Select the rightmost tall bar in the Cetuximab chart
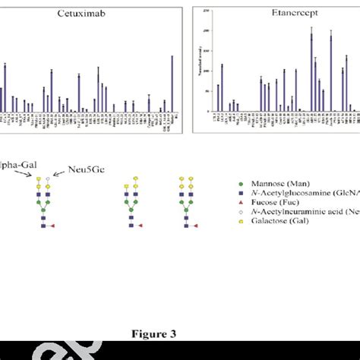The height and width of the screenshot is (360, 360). [x=172, y=84]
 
